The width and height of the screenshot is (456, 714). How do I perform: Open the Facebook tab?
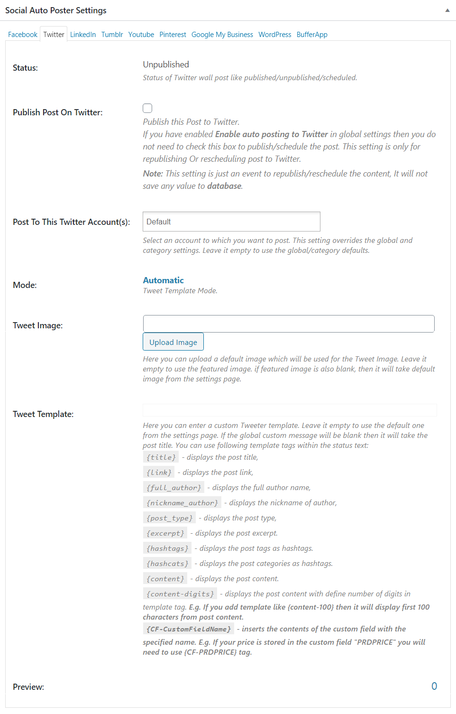[23, 35]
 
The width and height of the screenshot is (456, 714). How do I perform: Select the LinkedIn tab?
[83, 35]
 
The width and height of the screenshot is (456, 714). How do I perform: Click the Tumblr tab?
[112, 35]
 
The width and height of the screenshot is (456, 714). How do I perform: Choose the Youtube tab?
[141, 35]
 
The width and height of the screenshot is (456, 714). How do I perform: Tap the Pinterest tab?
[173, 35]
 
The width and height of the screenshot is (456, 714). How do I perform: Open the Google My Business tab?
[222, 35]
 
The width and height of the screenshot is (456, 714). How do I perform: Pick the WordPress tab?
[275, 35]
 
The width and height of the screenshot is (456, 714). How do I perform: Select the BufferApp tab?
[312, 35]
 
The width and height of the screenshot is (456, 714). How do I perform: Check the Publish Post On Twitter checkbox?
[148, 108]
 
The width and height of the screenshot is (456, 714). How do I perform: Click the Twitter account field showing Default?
[231, 222]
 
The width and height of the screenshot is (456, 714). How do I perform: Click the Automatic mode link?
[163, 280]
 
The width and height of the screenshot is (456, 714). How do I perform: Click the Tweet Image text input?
[289, 324]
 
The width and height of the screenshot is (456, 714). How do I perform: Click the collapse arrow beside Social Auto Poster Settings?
[447, 10]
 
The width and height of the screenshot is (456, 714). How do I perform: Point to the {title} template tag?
[161, 457]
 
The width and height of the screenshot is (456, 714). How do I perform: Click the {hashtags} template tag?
[167, 548]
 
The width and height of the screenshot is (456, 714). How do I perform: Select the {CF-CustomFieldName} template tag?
[189, 629]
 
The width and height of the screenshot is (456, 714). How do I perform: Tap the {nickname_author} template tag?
[182, 503]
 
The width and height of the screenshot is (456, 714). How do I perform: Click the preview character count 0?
[434, 686]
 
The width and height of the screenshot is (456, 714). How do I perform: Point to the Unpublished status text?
[166, 65]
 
